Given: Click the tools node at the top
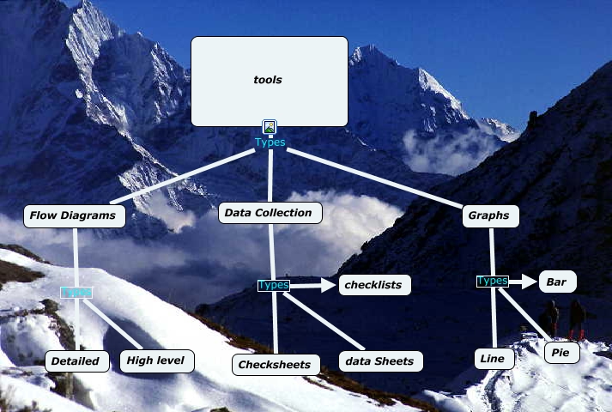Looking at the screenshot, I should pos(269,81).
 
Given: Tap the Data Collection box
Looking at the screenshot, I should pos(270,213).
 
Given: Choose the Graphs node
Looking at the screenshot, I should pos(491,216).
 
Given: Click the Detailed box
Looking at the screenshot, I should pos(77,361).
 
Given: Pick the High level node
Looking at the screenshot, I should pos(156,361).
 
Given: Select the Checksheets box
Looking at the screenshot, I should pos(276,365).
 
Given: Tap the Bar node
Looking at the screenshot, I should pos(557,282).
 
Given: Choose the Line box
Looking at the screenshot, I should pos(494,359).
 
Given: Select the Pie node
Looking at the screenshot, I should pos(562,352).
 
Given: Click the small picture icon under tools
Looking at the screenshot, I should pos(270,127).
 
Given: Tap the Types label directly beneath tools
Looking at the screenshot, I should pos(270,142).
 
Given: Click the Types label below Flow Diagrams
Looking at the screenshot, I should pos(76,292).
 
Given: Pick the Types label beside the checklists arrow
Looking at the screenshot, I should pos(274,285).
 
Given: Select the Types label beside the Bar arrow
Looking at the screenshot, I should pos(492,281).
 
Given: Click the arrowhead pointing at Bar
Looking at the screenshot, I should pos(529,281).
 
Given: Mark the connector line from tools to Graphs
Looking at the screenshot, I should pos(378,179).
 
